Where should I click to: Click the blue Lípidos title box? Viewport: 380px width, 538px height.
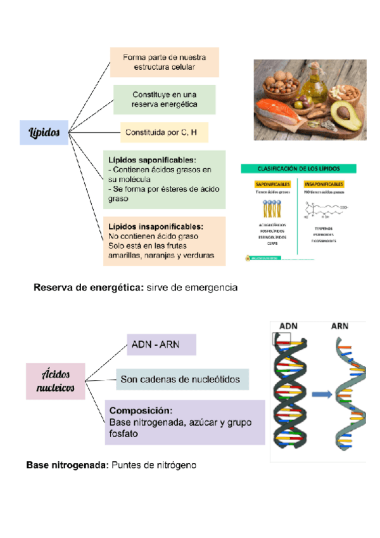(44, 133)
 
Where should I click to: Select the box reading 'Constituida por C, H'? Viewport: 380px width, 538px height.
(164, 133)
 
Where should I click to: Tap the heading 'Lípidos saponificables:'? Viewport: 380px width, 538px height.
(152, 160)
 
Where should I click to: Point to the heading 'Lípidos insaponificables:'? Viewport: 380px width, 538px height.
(155, 226)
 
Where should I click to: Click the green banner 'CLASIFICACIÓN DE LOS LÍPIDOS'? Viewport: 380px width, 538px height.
(298, 169)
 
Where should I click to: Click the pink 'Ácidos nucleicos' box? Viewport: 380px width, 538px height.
(56, 380)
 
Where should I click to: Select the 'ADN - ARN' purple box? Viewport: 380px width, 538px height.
(161, 344)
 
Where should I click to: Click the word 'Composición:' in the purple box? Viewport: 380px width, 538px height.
(141, 410)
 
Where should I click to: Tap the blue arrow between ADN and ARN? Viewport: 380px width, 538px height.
(322, 394)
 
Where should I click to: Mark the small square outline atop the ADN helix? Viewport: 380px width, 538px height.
(281, 339)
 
